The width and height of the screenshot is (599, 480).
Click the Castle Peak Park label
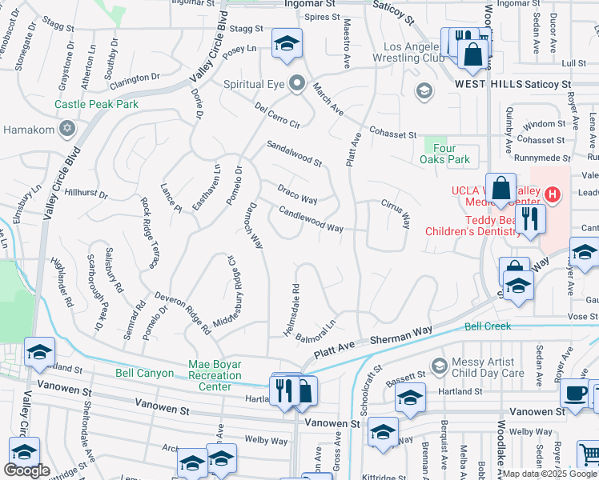pyautogui.click(x=96, y=105)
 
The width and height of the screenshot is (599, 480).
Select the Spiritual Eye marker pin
pyautogui.click(x=297, y=82)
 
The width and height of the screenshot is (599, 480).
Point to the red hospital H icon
pyautogui.click(x=552, y=194)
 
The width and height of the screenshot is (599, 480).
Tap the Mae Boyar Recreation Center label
pyautogui.click(x=226, y=370)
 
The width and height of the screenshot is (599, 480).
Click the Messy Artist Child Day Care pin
pyautogui.click(x=439, y=366)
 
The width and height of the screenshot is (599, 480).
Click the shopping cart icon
pyautogui.click(x=589, y=454)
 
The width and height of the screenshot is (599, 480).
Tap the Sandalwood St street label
pyautogui.click(x=294, y=154)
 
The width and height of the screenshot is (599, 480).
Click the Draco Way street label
pyautogui.click(x=297, y=194)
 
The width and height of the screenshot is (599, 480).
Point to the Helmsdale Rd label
pyautogui.click(x=290, y=310)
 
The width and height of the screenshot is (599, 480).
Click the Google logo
pyautogui.click(x=26, y=470)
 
